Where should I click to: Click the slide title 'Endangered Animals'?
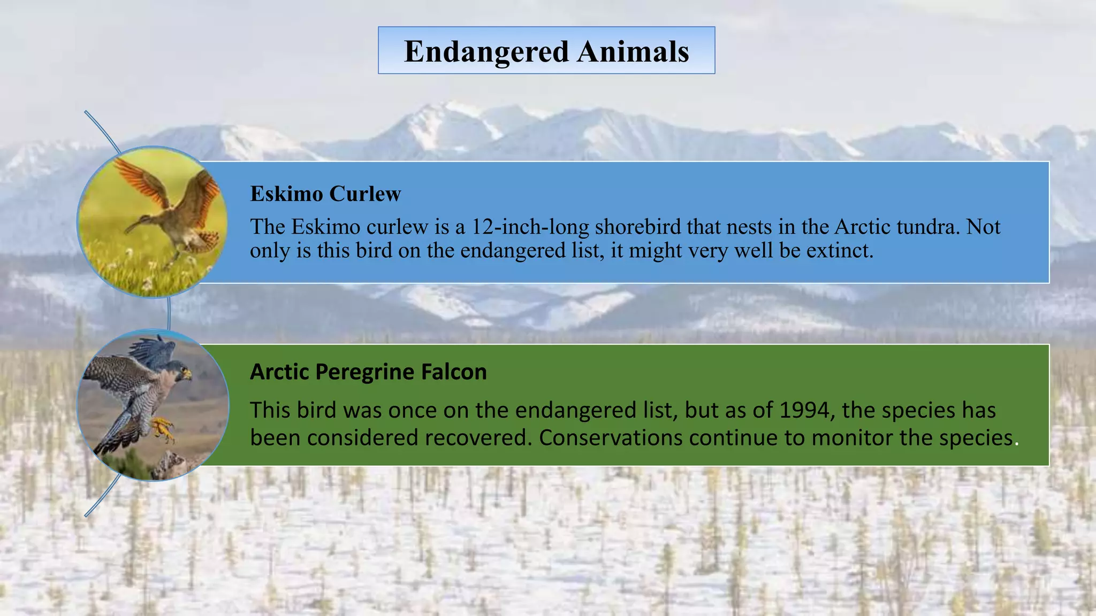pyautogui.click(x=546, y=51)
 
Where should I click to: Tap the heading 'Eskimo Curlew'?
pyautogui.click(x=325, y=194)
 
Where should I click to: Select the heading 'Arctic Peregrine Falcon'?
pyautogui.click(x=368, y=372)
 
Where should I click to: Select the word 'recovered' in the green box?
pyautogui.click(x=476, y=437)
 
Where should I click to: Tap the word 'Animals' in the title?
pyautogui.click(x=633, y=51)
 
